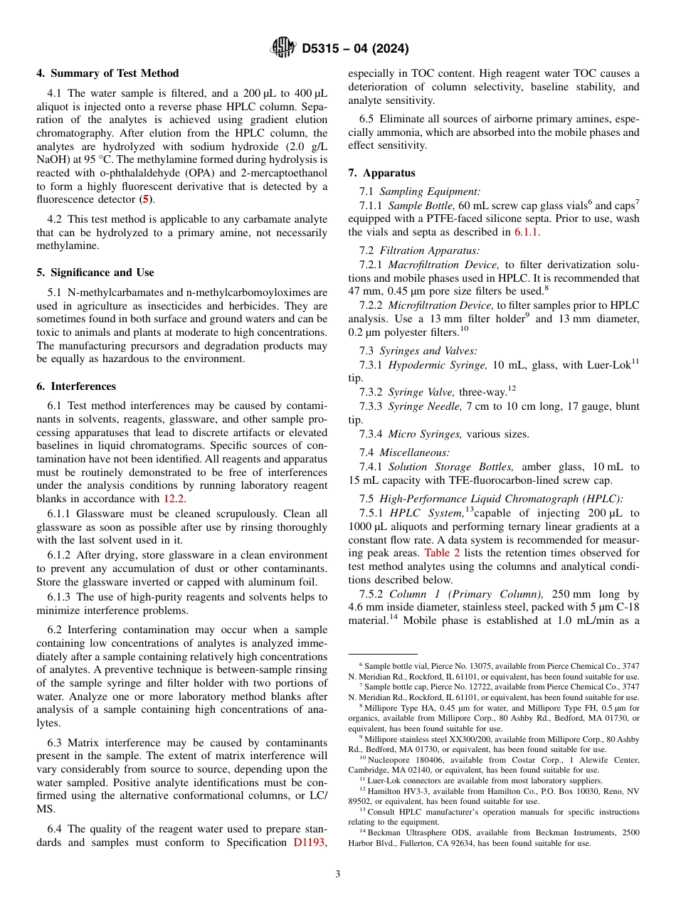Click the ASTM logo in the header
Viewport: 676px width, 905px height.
pyautogui.click(x=282, y=48)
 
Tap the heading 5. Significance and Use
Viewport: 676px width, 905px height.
pyautogui.click(x=95, y=272)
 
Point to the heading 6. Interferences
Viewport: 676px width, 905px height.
pyautogui.click(x=76, y=386)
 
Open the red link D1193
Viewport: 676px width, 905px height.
pyautogui.click(x=310, y=842)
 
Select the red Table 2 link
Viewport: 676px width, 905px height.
pyautogui.click(x=442, y=552)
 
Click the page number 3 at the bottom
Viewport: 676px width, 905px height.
pyautogui.click(x=338, y=874)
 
